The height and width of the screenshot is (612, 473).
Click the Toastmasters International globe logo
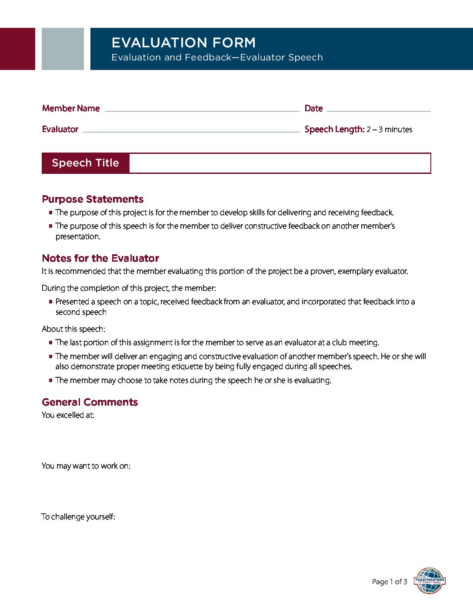430,581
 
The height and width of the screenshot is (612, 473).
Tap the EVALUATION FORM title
183,43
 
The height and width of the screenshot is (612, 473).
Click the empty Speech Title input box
280,163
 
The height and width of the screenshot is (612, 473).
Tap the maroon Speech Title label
85,163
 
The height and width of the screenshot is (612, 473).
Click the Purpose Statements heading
93,199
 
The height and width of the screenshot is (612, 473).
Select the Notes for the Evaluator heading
100,258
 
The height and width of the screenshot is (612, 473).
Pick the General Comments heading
90,402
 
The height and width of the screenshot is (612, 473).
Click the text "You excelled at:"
68,415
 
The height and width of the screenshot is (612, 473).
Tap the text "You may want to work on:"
86,466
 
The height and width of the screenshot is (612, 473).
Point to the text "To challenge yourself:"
78,517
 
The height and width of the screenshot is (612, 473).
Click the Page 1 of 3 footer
390,582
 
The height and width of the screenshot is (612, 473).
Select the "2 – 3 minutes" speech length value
389,130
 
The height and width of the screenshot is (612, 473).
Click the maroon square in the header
17,49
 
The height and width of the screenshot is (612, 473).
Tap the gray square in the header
63,49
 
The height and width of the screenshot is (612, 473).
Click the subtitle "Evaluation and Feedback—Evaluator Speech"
217,57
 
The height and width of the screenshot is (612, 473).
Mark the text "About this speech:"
73,329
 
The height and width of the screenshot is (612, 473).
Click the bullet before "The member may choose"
51,380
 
